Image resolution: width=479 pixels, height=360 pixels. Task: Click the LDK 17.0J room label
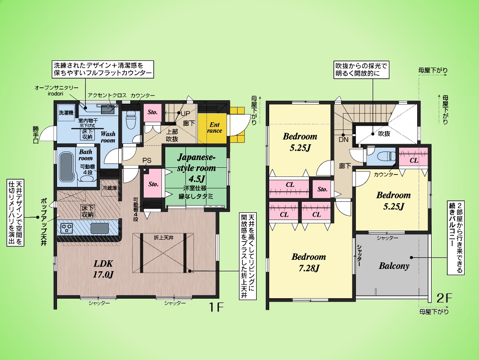click(x=103, y=269)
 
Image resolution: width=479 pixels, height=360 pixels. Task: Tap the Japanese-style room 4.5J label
click(x=196, y=167)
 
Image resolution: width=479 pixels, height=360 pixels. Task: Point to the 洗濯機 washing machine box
click(x=66, y=113)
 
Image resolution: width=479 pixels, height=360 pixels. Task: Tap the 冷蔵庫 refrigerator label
click(x=109, y=188)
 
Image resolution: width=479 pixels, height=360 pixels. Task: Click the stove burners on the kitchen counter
click(x=67, y=228)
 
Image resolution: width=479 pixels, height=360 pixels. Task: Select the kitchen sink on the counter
click(x=99, y=228)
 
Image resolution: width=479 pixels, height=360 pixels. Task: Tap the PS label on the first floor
click(x=147, y=161)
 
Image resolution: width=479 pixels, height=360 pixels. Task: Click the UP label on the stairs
click(x=185, y=114)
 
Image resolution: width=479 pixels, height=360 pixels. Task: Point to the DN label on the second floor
click(x=343, y=139)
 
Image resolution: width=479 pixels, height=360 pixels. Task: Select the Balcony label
click(x=394, y=266)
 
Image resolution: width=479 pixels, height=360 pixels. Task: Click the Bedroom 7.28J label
click(x=309, y=262)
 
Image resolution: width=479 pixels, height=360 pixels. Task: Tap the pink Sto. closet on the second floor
click(x=322, y=189)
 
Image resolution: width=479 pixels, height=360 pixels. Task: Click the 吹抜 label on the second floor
click(x=384, y=134)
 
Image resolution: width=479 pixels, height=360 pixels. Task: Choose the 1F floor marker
click(x=217, y=307)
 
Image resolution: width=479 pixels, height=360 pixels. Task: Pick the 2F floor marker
click(x=444, y=298)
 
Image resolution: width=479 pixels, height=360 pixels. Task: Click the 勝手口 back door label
click(x=36, y=135)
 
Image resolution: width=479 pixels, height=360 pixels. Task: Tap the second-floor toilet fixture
click(x=386, y=156)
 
